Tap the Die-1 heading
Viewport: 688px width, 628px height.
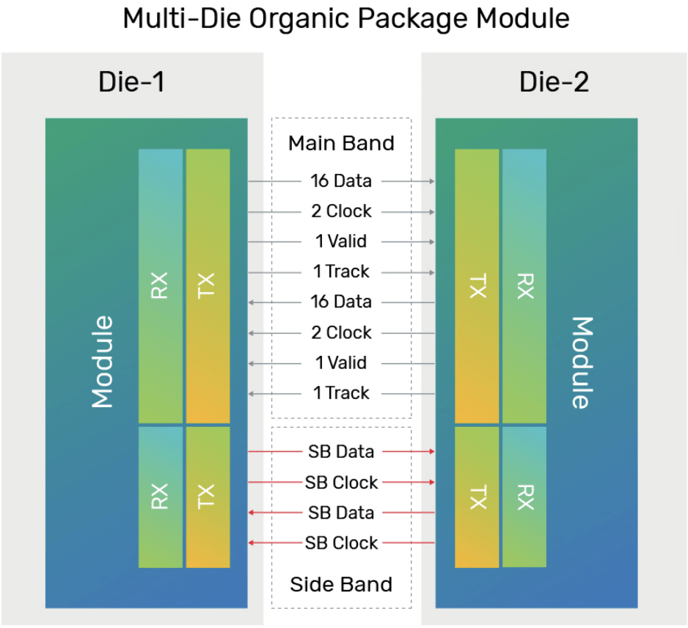[131, 82]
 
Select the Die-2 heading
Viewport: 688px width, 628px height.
[554, 82]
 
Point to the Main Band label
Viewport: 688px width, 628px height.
[341, 143]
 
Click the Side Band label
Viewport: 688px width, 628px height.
[341, 585]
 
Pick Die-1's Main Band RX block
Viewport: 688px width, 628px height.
[161, 285]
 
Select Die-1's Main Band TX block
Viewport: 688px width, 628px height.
[208, 285]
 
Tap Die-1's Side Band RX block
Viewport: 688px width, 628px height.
[161, 497]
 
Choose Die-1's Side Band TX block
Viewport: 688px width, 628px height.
[208, 497]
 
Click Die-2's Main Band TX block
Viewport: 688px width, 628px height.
[477, 285]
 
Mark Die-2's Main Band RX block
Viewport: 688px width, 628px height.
[524, 285]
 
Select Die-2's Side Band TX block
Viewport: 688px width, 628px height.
[477, 497]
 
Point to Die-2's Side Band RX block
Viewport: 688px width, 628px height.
[524, 497]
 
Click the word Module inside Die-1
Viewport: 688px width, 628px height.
[103, 362]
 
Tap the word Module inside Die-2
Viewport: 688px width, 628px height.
[581, 362]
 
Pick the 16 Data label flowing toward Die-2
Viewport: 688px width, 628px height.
[341, 181]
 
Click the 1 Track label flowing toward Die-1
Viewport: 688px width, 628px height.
[341, 393]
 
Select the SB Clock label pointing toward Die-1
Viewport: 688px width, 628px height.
[341, 543]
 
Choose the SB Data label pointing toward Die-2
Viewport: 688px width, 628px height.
[341, 452]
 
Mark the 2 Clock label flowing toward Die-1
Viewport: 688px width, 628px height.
[341, 332]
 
